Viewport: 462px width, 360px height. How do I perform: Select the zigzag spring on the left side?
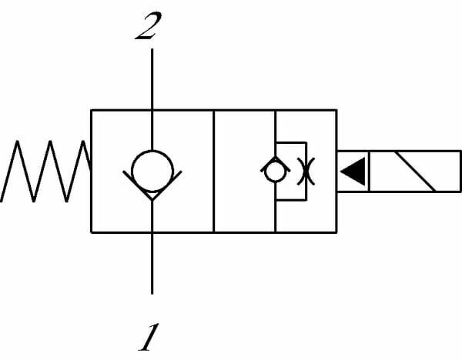click(46, 171)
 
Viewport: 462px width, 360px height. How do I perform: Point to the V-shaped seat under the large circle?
click(152, 192)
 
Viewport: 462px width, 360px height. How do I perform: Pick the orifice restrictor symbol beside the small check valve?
click(300, 171)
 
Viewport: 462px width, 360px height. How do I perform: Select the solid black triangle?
click(353, 171)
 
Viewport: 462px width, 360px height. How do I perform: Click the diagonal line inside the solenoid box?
click(413, 171)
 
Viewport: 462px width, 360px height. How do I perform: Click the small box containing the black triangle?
click(353, 171)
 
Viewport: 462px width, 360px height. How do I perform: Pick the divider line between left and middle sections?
click(213, 171)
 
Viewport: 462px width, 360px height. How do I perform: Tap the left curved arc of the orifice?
click(296, 171)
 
